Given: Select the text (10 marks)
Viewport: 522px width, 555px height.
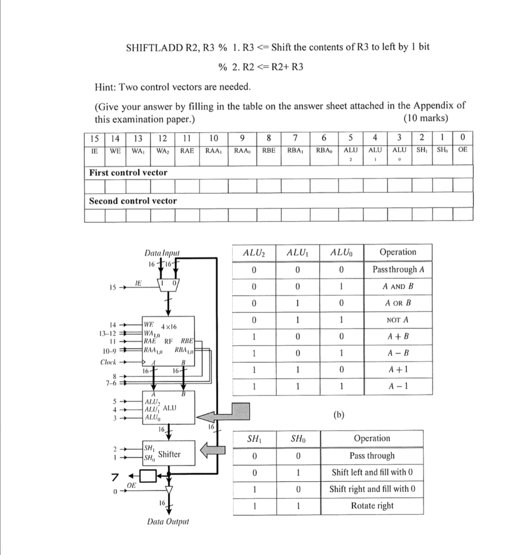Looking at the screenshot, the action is pos(426,119).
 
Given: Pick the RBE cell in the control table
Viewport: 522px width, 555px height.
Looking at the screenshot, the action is pos(269,150).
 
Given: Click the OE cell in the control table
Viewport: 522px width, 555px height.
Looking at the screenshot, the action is pos(463,150).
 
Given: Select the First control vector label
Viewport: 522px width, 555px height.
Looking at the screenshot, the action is pos(128,172).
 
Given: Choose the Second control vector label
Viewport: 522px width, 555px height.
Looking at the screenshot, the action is pos(132,201).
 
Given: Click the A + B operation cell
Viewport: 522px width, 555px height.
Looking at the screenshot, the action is pos(398,337).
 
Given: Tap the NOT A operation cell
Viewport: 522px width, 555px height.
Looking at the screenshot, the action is pos(398,320).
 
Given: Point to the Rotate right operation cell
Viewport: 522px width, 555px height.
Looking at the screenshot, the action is pos(372,506).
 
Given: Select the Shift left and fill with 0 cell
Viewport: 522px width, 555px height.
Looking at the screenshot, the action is pos(372,472).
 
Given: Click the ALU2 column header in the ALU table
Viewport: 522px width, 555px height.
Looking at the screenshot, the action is pos(254,252).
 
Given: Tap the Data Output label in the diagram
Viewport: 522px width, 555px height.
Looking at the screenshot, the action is pos(168,522).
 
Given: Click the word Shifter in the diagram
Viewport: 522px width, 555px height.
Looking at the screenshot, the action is pos(169,454).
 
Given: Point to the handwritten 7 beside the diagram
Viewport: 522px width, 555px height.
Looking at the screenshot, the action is pos(114,477).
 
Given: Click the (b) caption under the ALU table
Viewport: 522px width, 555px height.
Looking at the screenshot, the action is pos(340,415).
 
